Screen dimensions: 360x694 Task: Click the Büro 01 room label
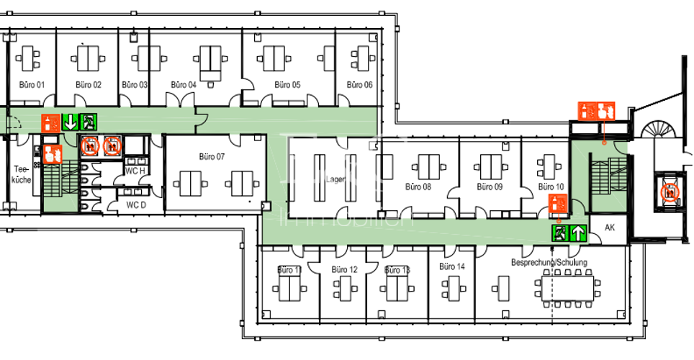pyautogui.click(x=31, y=85)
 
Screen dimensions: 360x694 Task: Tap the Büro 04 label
pyautogui.click(x=184, y=85)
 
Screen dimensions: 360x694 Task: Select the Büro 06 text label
pyautogui.click(x=359, y=85)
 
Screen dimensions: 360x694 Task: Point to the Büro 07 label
pyautogui.click(x=212, y=156)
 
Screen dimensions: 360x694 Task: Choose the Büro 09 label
pyautogui.click(x=490, y=186)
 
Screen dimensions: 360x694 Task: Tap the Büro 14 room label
pyautogui.click(x=452, y=266)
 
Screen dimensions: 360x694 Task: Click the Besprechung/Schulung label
pyautogui.click(x=549, y=263)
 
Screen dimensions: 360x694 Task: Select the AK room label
pyautogui.click(x=610, y=228)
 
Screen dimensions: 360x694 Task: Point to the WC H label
pyautogui.click(x=135, y=171)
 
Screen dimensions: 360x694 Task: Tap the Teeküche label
pyautogui.click(x=22, y=175)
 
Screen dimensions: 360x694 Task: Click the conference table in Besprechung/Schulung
pyautogui.click(x=567, y=289)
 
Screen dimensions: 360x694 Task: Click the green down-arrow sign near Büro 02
pyautogui.click(x=71, y=122)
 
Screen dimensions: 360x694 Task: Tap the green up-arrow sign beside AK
pyautogui.click(x=578, y=233)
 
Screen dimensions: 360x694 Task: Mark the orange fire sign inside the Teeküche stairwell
pyautogui.click(x=50, y=153)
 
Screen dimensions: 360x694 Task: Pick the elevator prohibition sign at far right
pyautogui.click(x=670, y=192)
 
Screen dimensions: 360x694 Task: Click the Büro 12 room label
pyautogui.click(x=344, y=270)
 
